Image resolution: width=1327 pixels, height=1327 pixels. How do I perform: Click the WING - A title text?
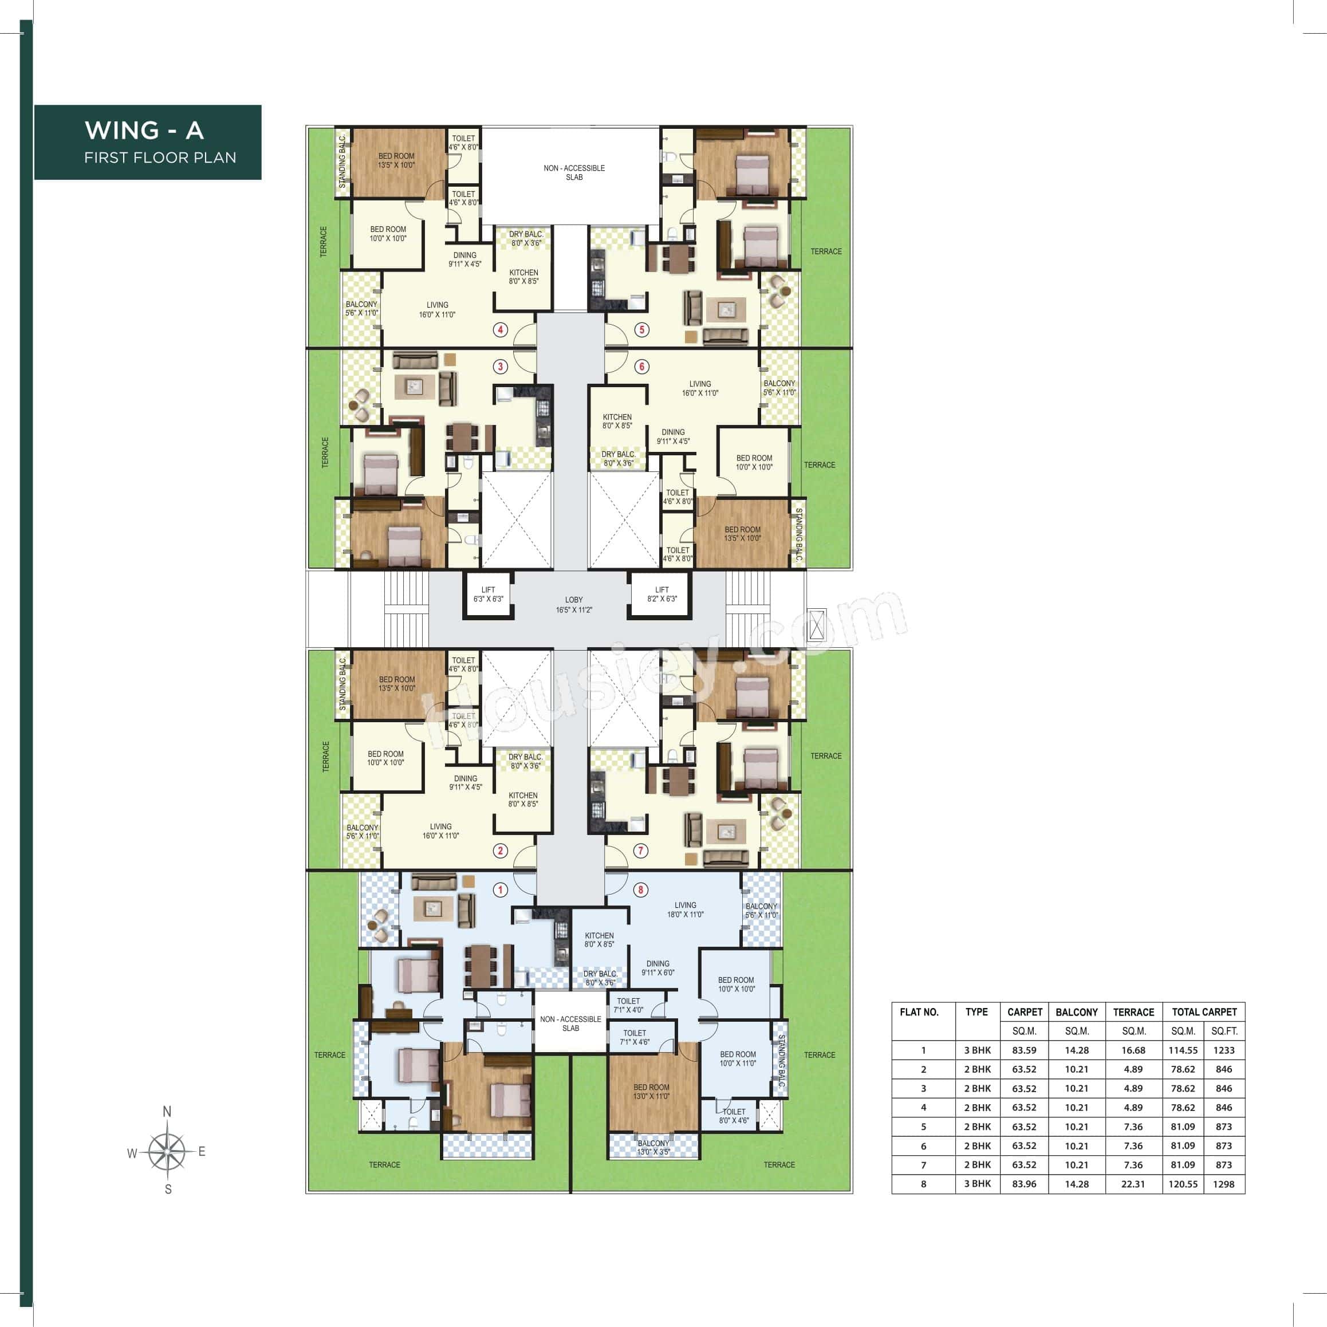[144, 130]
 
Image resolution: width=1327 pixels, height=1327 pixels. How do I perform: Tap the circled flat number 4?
[500, 330]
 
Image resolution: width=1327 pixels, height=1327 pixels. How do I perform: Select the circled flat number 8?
[640, 890]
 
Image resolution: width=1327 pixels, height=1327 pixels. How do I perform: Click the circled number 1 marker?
[500, 890]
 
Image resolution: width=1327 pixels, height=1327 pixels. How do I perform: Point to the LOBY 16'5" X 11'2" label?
[573, 604]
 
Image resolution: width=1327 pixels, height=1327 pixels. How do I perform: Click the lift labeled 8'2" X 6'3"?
[661, 594]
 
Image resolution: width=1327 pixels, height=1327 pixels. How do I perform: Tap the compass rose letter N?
[167, 1111]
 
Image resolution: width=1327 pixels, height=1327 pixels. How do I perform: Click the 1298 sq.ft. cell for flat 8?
[1223, 1184]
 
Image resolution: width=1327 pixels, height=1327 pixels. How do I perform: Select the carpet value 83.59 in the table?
[1024, 1050]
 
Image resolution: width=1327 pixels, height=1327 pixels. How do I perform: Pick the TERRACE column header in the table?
[1133, 1013]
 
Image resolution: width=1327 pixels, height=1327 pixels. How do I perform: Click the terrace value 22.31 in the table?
[1133, 1184]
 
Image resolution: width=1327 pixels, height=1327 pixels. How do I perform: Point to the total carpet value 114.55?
[1183, 1050]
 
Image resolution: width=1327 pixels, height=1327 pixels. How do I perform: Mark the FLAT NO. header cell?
[919, 1013]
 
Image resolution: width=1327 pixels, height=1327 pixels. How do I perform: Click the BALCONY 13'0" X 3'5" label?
[652, 1148]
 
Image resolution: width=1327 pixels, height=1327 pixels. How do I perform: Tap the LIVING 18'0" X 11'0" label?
[685, 910]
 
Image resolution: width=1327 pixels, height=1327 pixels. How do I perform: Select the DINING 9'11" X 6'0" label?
[657, 968]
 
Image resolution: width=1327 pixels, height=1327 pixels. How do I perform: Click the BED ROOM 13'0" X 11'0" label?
[651, 1092]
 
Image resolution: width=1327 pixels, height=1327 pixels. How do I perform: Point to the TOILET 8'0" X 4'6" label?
[734, 1116]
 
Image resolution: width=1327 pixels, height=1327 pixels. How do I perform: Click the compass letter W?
[132, 1154]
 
